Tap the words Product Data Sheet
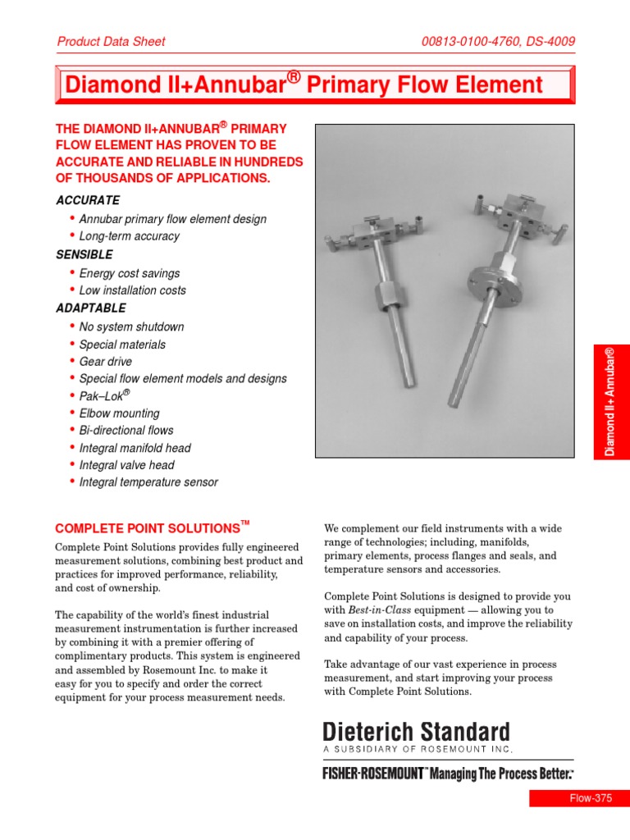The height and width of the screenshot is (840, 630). point(111,41)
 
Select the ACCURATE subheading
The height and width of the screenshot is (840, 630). point(88,200)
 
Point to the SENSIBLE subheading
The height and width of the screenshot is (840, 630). point(84,255)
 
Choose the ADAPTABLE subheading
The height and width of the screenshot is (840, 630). point(91,308)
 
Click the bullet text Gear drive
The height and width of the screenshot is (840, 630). point(106,362)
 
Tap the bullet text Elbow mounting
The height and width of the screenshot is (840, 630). point(120,413)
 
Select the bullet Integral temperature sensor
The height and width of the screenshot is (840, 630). point(148,482)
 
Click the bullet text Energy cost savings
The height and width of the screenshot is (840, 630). point(130,273)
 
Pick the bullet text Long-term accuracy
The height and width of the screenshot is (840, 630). point(130,236)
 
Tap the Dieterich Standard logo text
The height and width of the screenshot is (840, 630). point(416,733)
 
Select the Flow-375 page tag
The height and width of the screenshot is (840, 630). point(579,799)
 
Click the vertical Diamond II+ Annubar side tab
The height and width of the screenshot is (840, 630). point(610,401)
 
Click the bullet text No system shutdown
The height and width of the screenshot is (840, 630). point(132,326)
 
